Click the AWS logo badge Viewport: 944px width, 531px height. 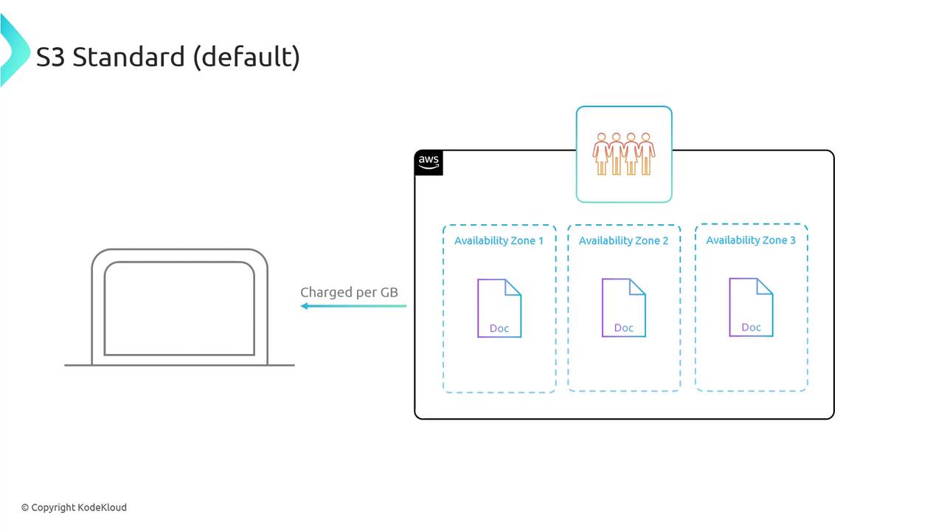click(428, 162)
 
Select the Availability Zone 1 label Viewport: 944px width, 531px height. click(499, 241)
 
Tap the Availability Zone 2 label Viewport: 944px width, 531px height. click(623, 241)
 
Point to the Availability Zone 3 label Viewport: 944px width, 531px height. click(751, 240)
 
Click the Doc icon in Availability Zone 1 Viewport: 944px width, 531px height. click(499, 308)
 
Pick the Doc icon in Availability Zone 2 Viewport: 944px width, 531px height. click(624, 308)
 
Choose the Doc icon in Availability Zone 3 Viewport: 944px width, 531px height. click(751, 307)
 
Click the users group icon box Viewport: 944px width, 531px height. click(624, 154)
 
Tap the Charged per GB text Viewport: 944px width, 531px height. click(349, 293)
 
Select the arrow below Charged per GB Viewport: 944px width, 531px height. click(353, 306)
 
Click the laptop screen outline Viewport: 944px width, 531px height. click(179, 308)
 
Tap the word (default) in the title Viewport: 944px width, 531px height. click(246, 57)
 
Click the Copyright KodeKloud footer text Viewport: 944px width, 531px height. click(74, 507)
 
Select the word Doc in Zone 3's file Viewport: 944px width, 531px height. click(751, 327)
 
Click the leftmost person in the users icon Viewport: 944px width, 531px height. click(601, 153)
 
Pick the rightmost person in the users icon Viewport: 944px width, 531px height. click(646, 153)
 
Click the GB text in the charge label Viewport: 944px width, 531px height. click(389, 293)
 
